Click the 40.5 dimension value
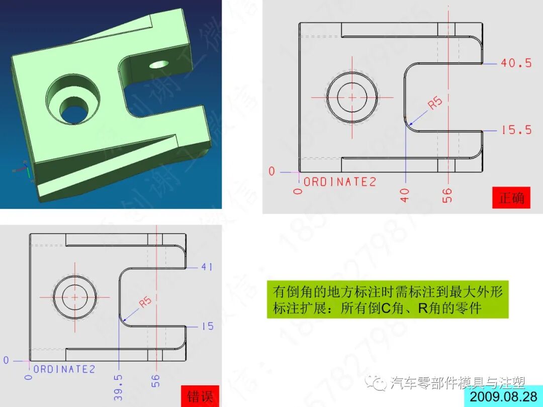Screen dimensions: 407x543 point(516,63)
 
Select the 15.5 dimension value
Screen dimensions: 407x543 point(516,130)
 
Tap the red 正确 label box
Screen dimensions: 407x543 point(512,197)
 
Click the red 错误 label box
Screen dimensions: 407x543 point(200,396)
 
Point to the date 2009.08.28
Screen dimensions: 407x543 point(503,396)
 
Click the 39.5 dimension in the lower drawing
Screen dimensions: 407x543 point(119,387)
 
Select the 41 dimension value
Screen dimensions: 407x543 point(207,267)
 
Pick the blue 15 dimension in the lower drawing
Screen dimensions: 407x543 point(207,327)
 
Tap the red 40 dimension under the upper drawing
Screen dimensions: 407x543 point(405,194)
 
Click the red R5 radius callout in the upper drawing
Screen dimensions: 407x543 point(435,103)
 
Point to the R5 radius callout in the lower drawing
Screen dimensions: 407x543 point(145,302)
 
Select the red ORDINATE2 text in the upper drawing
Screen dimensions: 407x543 point(340,182)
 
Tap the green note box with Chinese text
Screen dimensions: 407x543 point(387,299)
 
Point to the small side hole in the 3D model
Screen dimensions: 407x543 point(159,64)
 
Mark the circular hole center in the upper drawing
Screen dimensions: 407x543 point(352,96)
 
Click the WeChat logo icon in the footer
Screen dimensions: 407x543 point(377,383)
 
